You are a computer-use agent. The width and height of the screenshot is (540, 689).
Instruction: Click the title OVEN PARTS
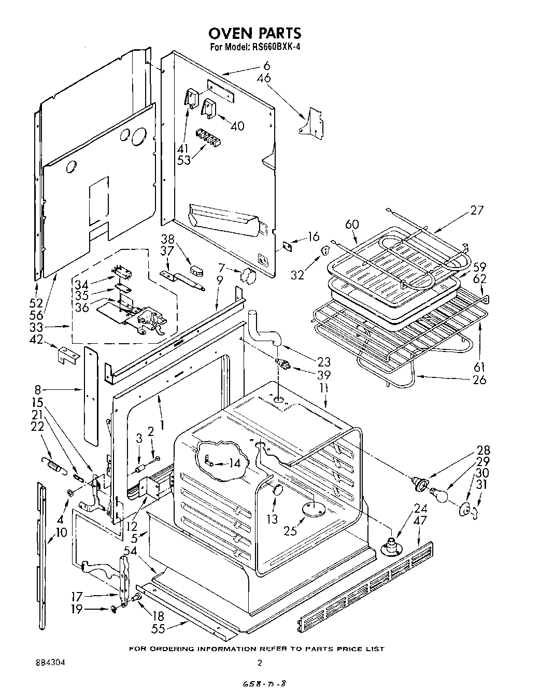coord(254,33)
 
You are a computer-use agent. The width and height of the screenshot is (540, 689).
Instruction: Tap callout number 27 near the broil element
coord(477,210)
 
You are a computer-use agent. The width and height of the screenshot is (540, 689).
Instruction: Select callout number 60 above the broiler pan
coord(352,224)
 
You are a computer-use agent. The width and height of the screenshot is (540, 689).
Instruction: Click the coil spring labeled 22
coord(51,463)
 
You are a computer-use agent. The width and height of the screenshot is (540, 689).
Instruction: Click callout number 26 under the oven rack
coord(479,379)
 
